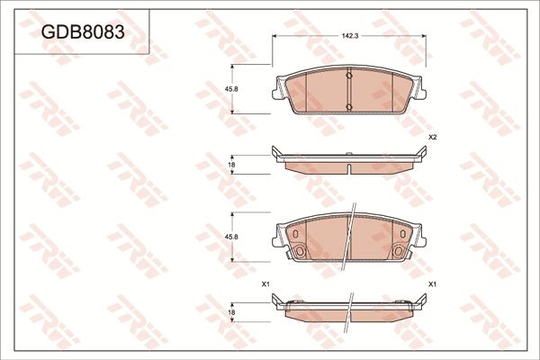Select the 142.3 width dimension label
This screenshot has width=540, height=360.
pyautogui.click(x=350, y=35)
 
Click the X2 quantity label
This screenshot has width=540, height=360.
pyautogui.click(x=432, y=137)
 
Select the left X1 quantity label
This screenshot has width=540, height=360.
pyautogui.click(x=265, y=284)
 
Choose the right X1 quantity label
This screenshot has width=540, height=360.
pyautogui.click(x=432, y=284)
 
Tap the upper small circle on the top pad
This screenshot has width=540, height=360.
pyautogui.click(x=349, y=76)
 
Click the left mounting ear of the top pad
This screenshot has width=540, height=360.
pyautogui.click(x=277, y=91)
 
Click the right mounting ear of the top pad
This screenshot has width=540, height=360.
pyautogui.click(x=422, y=91)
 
